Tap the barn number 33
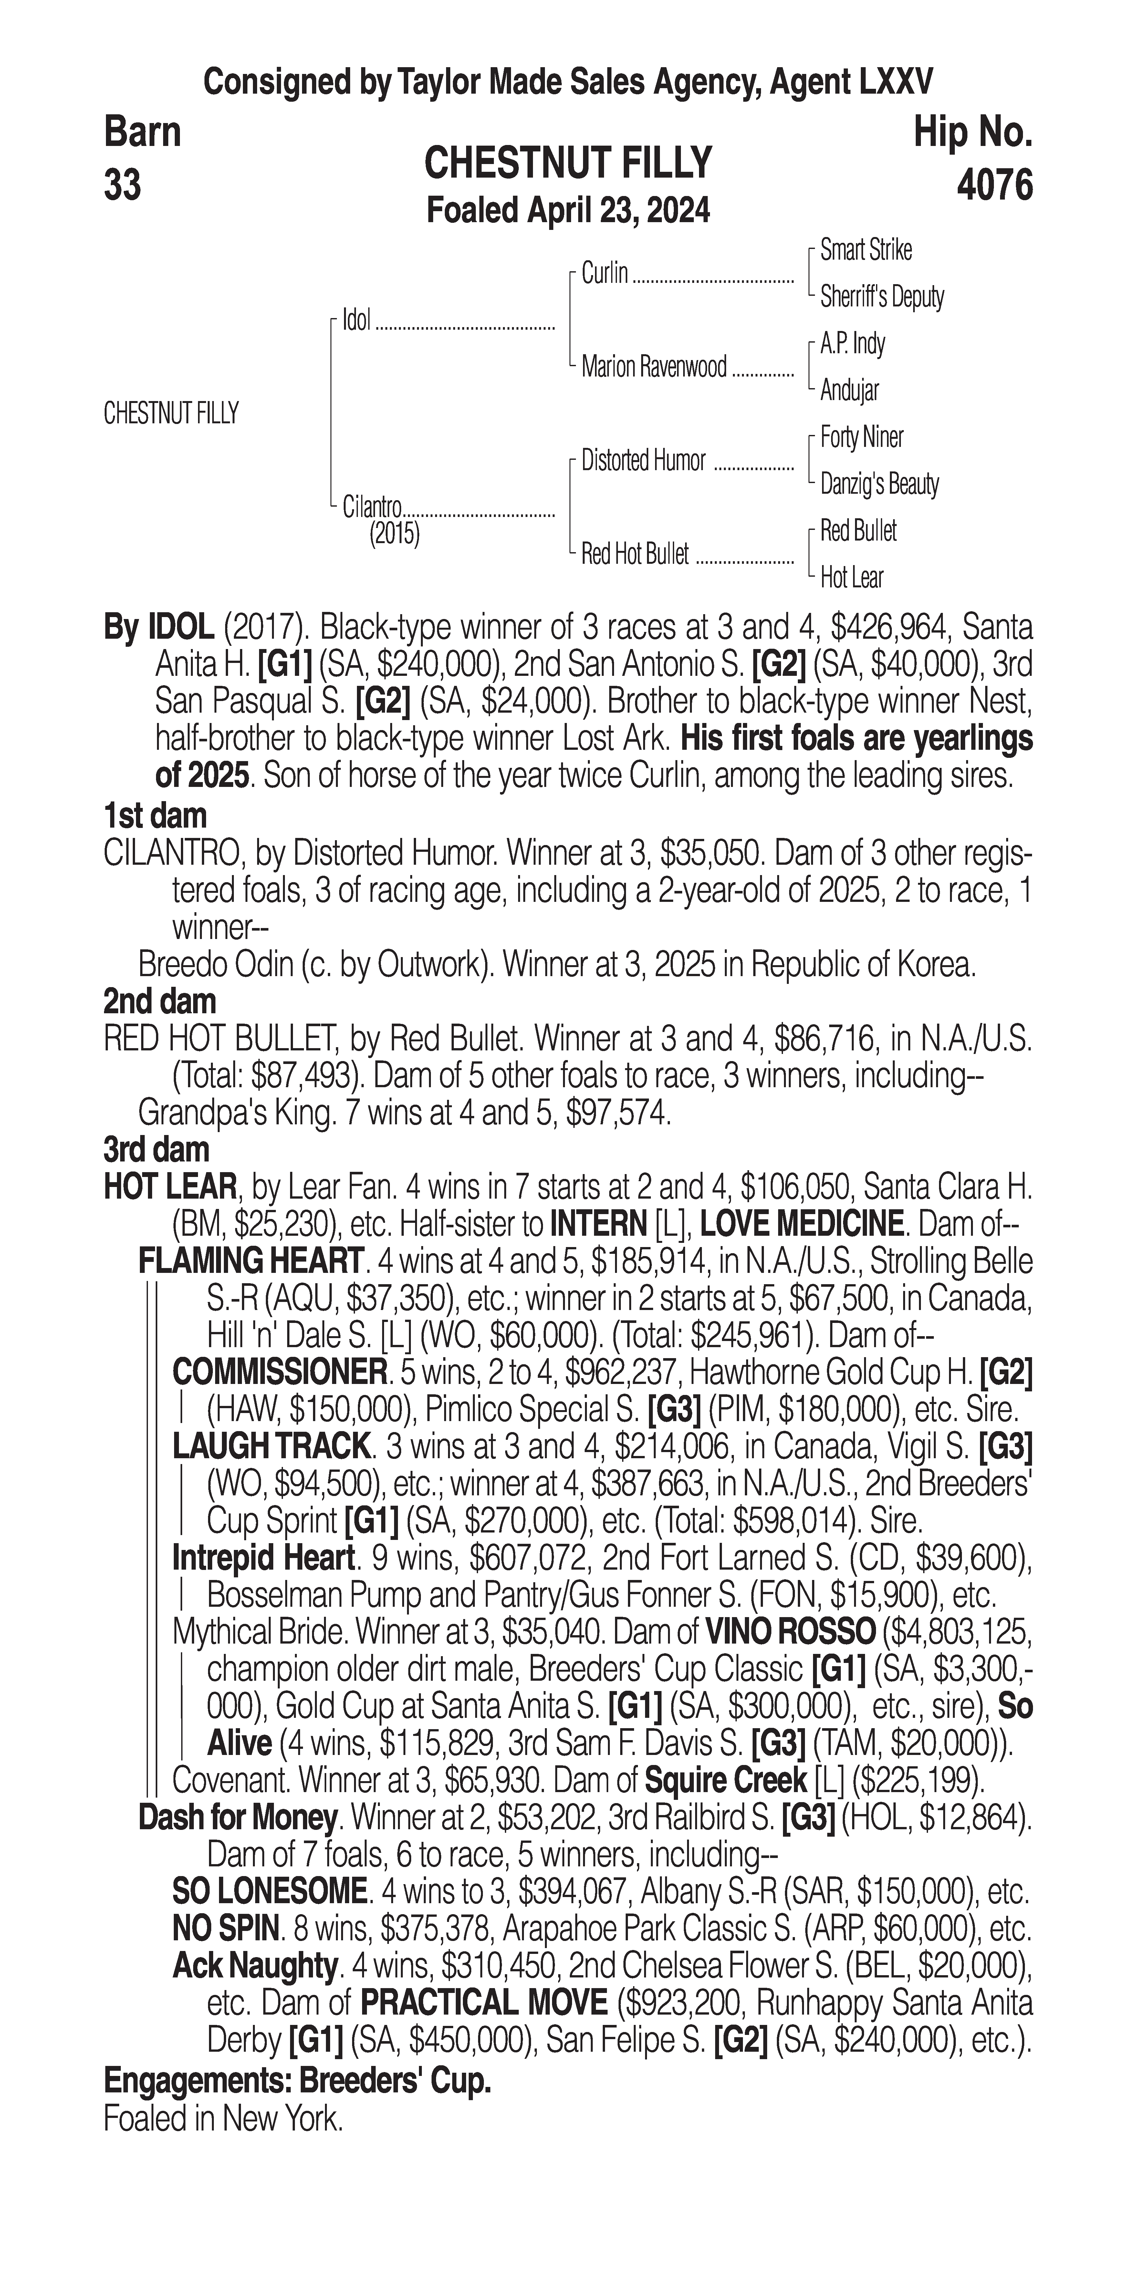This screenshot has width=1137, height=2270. tap(122, 186)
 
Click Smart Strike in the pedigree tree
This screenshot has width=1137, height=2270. tap(866, 250)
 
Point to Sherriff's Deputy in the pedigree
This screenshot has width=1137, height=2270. tap(881, 297)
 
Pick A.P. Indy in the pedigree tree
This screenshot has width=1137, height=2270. tap(852, 344)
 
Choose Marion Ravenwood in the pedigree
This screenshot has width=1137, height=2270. tap(654, 366)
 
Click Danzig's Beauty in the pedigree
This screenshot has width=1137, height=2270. tap(879, 484)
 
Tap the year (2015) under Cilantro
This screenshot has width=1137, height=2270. tap(394, 534)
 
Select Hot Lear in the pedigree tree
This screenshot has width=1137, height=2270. tap(851, 578)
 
